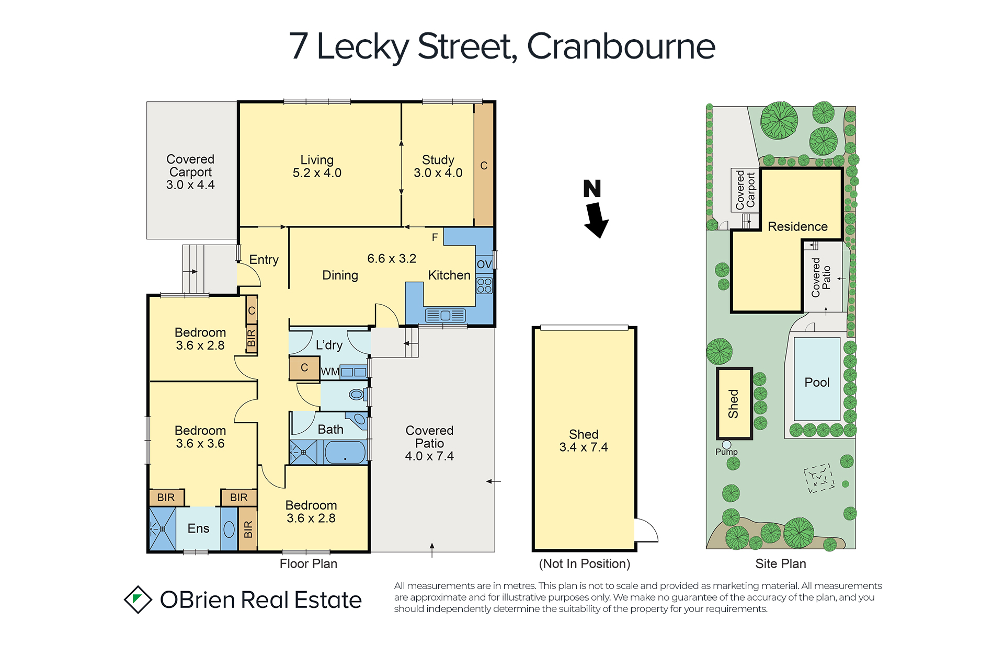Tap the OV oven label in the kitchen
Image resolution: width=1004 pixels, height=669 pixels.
coord(484,264)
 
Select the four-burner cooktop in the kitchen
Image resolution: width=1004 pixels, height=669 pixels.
coord(484,285)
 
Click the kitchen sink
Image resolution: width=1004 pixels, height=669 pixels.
coord(445,315)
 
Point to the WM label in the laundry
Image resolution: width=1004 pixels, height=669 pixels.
coord(330,372)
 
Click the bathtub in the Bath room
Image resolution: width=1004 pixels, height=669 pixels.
coord(345,452)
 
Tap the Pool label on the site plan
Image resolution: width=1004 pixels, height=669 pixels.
coord(817,383)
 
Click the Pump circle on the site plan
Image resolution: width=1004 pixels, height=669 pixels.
coord(726,445)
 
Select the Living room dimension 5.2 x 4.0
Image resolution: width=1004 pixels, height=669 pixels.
coord(317,173)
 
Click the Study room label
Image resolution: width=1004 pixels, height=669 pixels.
coord(438,160)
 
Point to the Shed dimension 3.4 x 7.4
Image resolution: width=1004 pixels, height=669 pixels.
coord(584,447)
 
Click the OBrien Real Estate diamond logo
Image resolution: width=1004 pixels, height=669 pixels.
coord(138,599)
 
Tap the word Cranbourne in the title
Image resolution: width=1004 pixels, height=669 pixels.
coord(621,47)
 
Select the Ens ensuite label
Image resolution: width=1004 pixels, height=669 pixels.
coord(198,528)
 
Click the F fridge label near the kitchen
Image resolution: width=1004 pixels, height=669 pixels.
coord(435,238)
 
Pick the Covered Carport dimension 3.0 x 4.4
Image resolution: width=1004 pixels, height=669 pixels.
coord(190,185)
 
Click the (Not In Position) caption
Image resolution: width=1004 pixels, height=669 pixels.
coord(585,564)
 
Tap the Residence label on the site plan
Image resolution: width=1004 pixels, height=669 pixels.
coord(797,227)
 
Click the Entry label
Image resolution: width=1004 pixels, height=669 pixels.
coord(264,260)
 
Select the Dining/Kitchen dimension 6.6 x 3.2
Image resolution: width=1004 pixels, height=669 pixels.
coord(392,259)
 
